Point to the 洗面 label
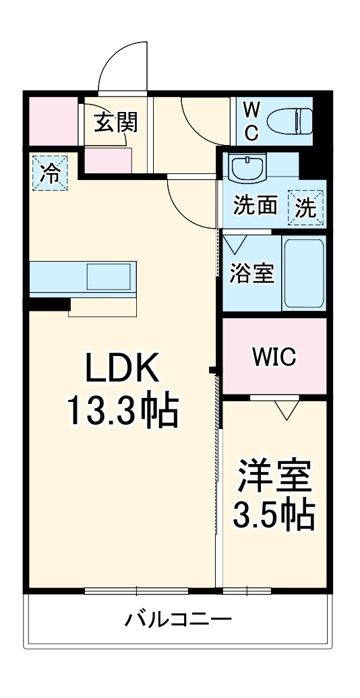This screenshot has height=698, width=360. coord(256,206)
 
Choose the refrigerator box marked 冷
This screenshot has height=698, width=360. coord(49,173)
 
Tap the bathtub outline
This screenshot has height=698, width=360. coord(304,273)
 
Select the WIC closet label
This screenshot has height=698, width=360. coord(274,357)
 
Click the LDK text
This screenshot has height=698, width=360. coord(122,368)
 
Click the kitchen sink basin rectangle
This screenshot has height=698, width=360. coord(109,276)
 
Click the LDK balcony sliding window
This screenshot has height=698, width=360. coord(137,591)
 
